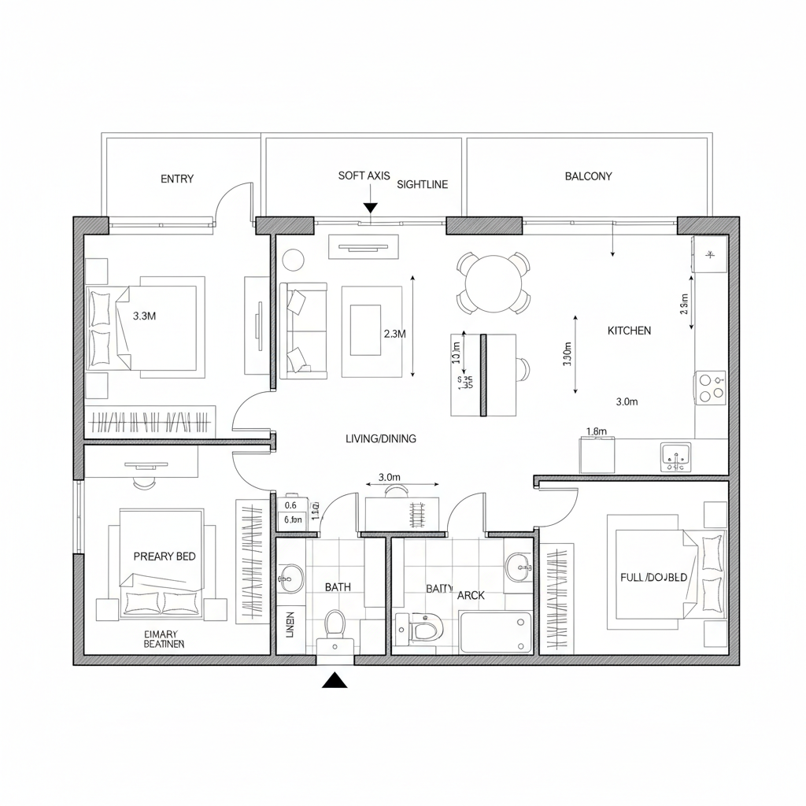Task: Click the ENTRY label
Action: (x=177, y=179)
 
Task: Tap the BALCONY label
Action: (x=588, y=176)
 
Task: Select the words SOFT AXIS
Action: (x=364, y=176)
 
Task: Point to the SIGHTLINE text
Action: (x=423, y=185)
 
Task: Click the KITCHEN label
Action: (x=629, y=331)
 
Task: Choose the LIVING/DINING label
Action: (x=381, y=438)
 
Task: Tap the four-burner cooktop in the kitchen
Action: (x=711, y=387)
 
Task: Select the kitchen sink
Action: (x=675, y=456)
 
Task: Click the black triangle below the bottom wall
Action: (x=335, y=680)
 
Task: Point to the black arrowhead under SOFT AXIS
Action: (x=370, y=208)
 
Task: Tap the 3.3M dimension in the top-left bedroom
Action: (x=144, y=316)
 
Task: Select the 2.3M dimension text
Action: (x=394, y=334)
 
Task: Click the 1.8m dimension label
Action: (x=597, y=431)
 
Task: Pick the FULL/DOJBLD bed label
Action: (x=653, y=577)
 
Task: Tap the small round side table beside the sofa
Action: (x=294, y=259)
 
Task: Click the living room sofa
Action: (x=303, y=331)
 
